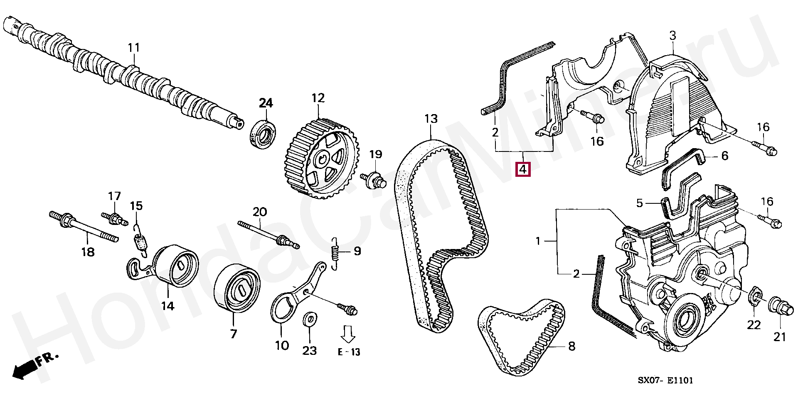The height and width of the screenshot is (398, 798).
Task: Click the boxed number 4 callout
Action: pyautogui.click(x=523, y=169)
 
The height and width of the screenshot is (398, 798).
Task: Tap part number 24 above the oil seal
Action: pyautogui.click(x=266, y=103)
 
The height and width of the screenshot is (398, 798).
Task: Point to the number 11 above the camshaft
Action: pyautogui.click(x=133, y=48)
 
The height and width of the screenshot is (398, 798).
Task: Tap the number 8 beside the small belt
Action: pyautogui.click(x=571, y=346)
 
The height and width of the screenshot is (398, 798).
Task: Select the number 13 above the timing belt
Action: pyautogui.click(x=431, y=119)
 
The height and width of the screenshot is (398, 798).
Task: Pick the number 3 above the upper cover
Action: pyautogui.click(x=672, y=36)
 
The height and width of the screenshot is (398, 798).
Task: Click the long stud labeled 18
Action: pyautogui.click(x=84, y=226)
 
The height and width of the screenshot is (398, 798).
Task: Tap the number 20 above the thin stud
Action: pyautogui.click(x=260, y=212)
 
